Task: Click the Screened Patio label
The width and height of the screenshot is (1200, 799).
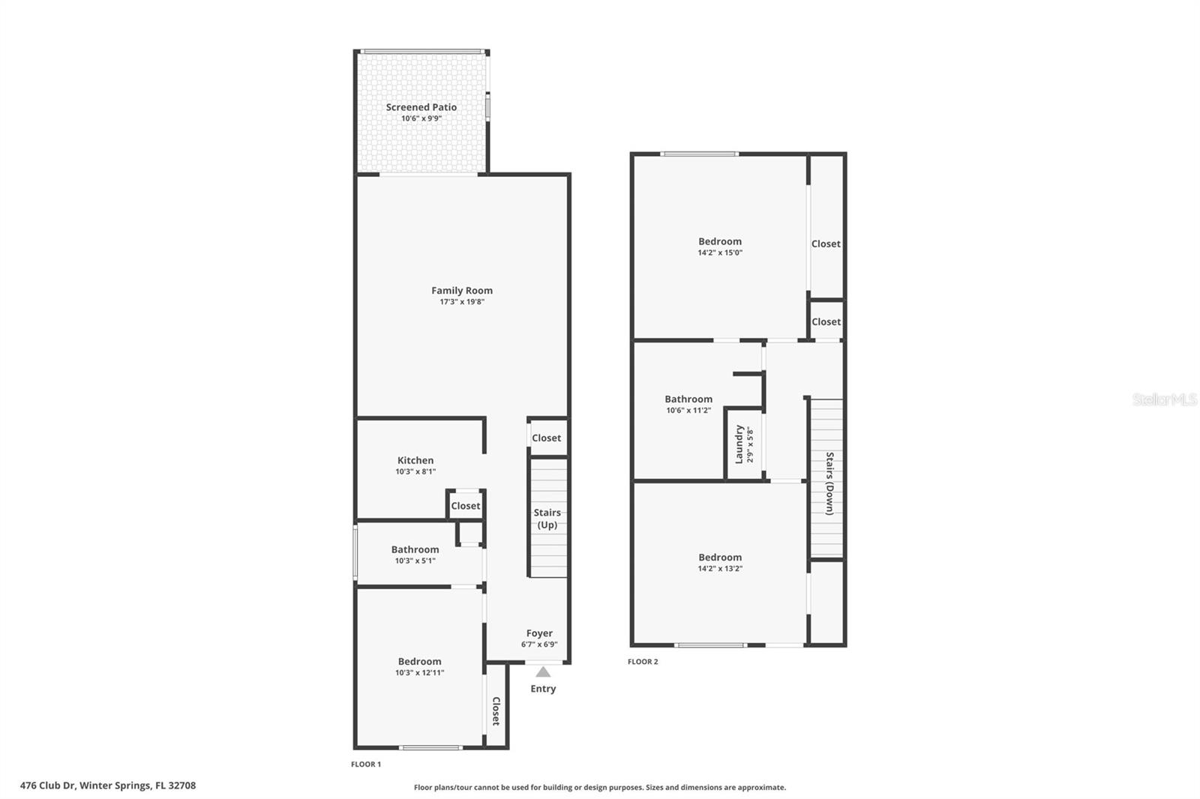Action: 421,107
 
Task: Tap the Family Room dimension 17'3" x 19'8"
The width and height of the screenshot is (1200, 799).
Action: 462,302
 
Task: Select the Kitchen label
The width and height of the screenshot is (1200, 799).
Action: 415,460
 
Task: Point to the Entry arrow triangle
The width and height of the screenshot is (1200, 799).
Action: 543,672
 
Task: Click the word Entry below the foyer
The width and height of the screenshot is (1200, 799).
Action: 543,689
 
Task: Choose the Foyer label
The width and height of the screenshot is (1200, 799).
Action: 539,633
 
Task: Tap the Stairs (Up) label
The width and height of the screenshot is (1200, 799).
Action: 547,519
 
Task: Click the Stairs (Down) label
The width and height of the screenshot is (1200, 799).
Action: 829,483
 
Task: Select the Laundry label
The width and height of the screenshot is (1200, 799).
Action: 739,444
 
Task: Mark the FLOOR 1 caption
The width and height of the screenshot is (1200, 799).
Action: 366,765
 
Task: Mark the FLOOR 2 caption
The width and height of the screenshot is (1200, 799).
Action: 643,662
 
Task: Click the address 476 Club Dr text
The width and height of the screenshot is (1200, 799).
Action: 108,786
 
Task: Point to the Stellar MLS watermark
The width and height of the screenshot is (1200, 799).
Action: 1164,400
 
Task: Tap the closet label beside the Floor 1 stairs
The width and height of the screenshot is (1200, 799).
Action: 546,438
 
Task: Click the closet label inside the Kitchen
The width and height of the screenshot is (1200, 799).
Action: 465,506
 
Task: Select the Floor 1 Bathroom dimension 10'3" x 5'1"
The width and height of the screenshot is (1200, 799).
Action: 415,561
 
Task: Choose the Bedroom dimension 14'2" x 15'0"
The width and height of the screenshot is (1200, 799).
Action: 720,253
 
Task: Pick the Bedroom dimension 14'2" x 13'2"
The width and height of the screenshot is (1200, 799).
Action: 720,568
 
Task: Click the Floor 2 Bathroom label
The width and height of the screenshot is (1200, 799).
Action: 688,399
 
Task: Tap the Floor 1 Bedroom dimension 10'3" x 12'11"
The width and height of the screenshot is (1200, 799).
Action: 420,672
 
